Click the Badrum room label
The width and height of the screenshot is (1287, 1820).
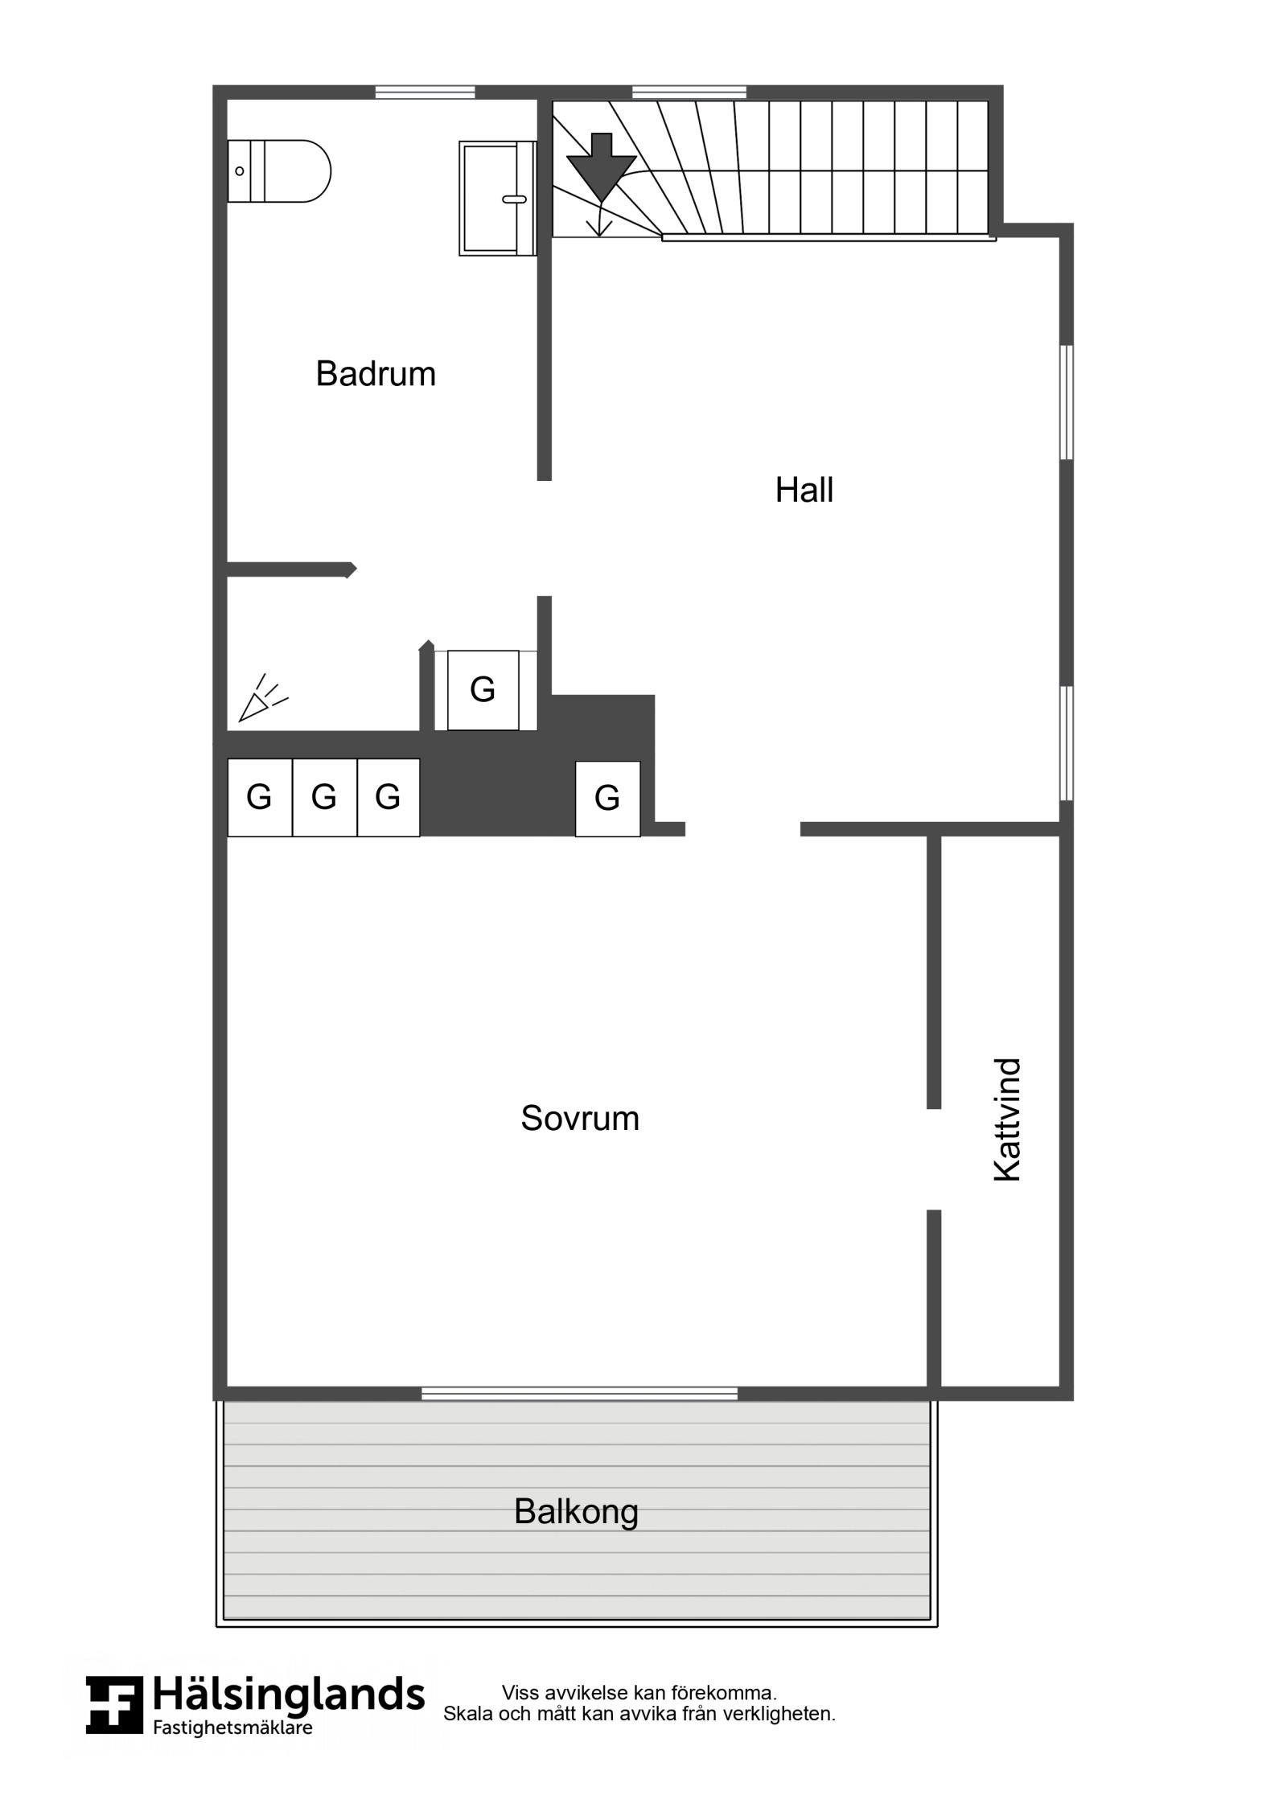pyautogui.click(x=375, y=374)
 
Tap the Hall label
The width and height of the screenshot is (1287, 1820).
pyautogui.click(x=804, y=490)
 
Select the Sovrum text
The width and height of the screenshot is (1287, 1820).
pyautogui.click(x=579, y=1118)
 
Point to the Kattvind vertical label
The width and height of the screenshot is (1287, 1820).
pyautogui.click(x=1007, y=1120)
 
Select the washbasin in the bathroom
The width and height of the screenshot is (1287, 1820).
pyautogui.click(x=498, y=199)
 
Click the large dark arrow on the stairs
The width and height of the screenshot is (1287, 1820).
pyautogui.click(x=601, y=167)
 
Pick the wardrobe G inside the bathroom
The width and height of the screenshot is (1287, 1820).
pyautogui.click(x=483, y=690)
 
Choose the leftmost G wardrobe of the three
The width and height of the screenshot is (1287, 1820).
pyautogui.click(x=260, y=797)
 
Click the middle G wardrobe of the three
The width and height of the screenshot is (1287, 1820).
pyautogui.click(x=324, y=797)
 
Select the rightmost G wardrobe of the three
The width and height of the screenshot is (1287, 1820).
pyautogui.click(x=389, y=797)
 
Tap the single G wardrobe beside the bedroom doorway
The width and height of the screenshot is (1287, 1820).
pyautogui.click(x=607, y=799)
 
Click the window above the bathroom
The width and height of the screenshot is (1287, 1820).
pyautogui.click(x=425, y=92)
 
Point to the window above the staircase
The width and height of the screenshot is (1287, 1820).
pyautogui.click(x=689, y=92)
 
